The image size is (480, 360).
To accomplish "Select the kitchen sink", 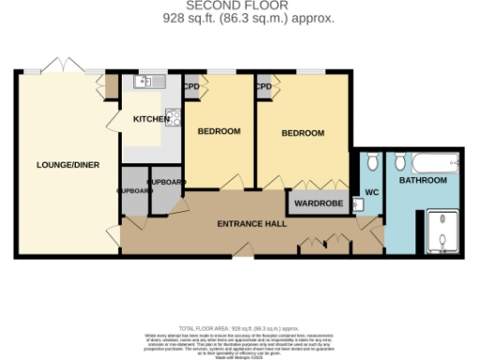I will pyautogui.click(x=150, y=82).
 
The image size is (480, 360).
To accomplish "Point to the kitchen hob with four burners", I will pyautogui.click(x=174, y=117).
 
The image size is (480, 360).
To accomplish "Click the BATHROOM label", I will pyautogui.click(x=422, y=179).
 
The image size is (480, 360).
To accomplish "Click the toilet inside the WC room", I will pyautogui.click(x=372, y=163).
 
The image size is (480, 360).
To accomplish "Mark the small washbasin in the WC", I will pyautogui.click(x=359, y=209).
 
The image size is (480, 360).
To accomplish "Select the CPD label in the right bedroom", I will pyautogui.click(x=263, y=87).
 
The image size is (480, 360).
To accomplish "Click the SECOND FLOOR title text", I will pyautogui.click(x=240, y=7).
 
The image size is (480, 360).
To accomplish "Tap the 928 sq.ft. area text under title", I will pyautogui.click(x=240, y=18).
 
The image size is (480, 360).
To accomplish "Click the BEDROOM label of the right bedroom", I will pyautogui.click(x=303, y=134).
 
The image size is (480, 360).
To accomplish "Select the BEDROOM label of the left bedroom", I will pyautogui.click(x=218, y=131).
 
